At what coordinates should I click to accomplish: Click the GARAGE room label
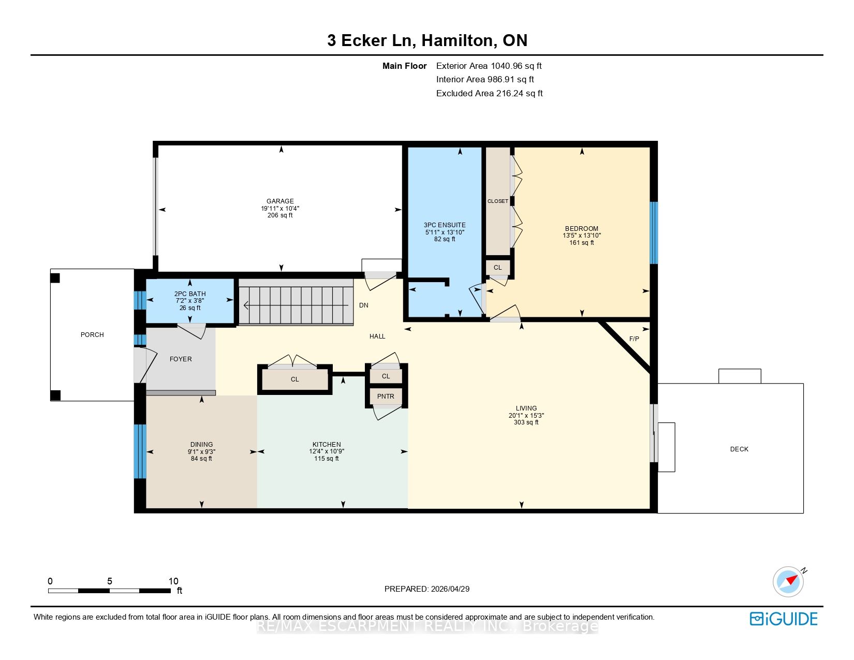pyautogui.click(x=280, y=201)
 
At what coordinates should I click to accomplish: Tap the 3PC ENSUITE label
pyautogui.click(x=445, y=225)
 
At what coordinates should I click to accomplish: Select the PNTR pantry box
pyautogui.click(x=386, y=396)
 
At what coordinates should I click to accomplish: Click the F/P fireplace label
pyautogui.click(x=634, y=339)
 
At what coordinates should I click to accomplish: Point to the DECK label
pyautogui.click(x=739, y=449)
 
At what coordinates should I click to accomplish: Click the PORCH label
pyautogui.click(x=92, y=334)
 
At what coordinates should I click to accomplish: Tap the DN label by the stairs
pyautogui.click(x=363, y=305)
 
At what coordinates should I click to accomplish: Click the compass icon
pyautogui.click(x=788, y=581)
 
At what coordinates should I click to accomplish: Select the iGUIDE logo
pyautogui.click(x=783, y=619)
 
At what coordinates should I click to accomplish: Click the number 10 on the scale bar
pyautogui.click(x=173, y=581)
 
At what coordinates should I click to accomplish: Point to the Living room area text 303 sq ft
pyautogui.click(x=526, y=422)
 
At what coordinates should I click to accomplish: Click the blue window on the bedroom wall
pyautogui.click(x=654, y=233)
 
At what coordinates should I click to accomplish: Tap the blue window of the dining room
pyautogui.click(x=140, y=451)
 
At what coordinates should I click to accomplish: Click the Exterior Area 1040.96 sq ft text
pyautogui.click(x=489, y=66)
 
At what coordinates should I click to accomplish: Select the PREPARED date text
pyautogui.click(x=427, y=589)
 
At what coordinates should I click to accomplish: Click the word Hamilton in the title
pyautogui.click(x=457, y=40)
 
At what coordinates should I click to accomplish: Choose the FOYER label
pyautogui.click(x=181, y=359)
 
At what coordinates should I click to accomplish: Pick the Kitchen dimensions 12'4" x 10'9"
pyautogui.click(x=326, y=451)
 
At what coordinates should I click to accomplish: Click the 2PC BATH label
pyautogui.click(x=190, y=294)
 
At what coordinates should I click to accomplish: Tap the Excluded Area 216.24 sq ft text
pyautogui.click(x=489, y=94)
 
